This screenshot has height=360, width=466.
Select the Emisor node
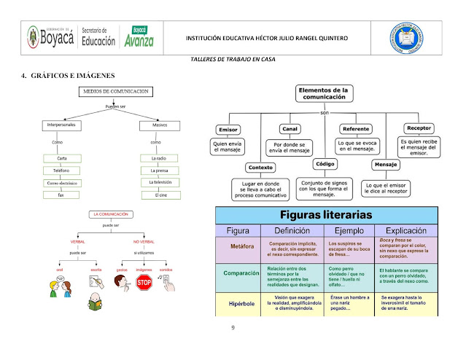tap(228, 129)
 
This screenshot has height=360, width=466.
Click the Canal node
tap(290, 128)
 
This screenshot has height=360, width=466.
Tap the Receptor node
tap(419, 128)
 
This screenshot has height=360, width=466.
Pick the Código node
tap(325, 164)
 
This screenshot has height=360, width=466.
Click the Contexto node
tap(260, 166)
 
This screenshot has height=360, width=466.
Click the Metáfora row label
tap(242, 246)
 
